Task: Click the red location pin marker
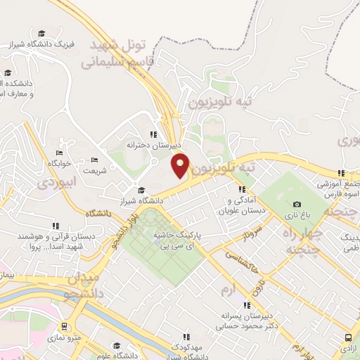coord(180,165)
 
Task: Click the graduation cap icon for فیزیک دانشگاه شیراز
coord(41,34)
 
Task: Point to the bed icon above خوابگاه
coord(59,152)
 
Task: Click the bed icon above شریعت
coord(96,160)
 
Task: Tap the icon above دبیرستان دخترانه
coord(153,135)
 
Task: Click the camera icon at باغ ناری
coord(296,205)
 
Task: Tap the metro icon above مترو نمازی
coord(65,326)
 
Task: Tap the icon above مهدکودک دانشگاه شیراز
coord(186,337)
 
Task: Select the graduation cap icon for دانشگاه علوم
coord(116,345)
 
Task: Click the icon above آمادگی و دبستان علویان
coord(243,188)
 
